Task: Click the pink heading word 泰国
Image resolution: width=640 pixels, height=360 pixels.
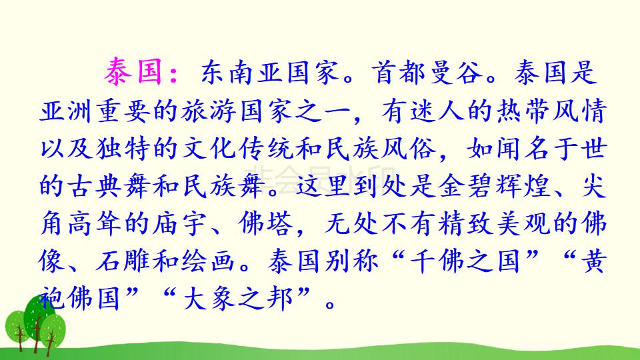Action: click(x=133, y=73)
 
